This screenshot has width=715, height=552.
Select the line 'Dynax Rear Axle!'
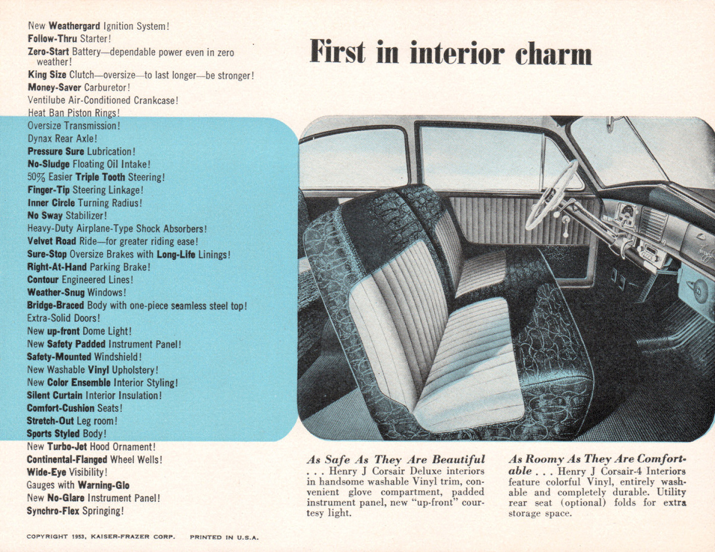tap(62, 139)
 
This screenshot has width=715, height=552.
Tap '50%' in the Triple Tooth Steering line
tap(36, 177)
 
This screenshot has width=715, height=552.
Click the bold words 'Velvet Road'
tap(51, 241)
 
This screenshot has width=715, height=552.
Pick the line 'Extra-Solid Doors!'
tap(64, 318)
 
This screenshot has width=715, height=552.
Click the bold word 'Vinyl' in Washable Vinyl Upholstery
tap(98, 370)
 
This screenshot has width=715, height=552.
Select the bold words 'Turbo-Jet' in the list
tap(67, 447)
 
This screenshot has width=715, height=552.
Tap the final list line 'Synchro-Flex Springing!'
tap(75, 511)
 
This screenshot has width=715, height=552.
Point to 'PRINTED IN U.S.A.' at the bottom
tap(224, 537)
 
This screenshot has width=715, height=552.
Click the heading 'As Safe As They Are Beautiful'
tap(395, 460)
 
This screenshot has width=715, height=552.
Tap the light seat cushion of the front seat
tap(467, 368)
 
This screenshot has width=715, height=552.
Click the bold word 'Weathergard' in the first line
tap(74, 26)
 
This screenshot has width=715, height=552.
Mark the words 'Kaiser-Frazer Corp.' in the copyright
tap(133, 537)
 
